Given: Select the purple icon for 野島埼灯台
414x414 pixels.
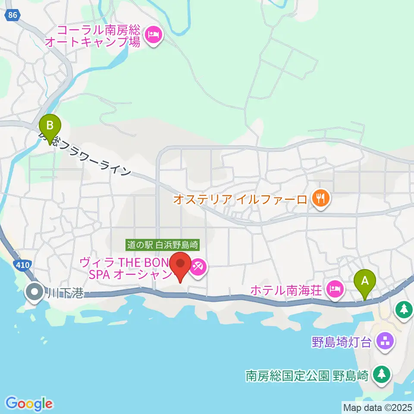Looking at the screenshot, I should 384,342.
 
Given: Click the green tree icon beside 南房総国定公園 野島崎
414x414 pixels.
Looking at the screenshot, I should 382,374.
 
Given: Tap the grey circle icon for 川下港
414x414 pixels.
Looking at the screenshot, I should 34,292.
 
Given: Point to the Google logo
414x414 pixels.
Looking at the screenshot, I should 29,404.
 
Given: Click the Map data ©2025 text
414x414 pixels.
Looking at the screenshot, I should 377,407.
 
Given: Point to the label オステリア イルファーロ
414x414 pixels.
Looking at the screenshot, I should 240,199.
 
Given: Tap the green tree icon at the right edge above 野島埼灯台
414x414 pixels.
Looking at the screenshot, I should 404,309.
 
